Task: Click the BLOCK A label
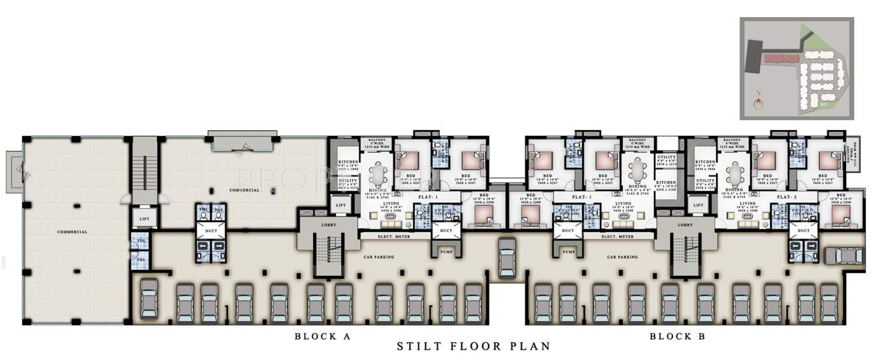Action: tap(323, 336)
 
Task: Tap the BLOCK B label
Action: tap(678, 336)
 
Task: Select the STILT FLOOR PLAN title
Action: tap(474, 347)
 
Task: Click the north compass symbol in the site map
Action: tap(758, 101)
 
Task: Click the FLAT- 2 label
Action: tap(789, 196)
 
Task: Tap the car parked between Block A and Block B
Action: tap(507, 257)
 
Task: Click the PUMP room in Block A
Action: tap(446, 251)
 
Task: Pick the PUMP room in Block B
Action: tap(568, 251)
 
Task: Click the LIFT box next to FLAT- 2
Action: tap(698, 206)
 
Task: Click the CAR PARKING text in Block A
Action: tap(379, 257)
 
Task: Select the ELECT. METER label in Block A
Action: tap(395, 237)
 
